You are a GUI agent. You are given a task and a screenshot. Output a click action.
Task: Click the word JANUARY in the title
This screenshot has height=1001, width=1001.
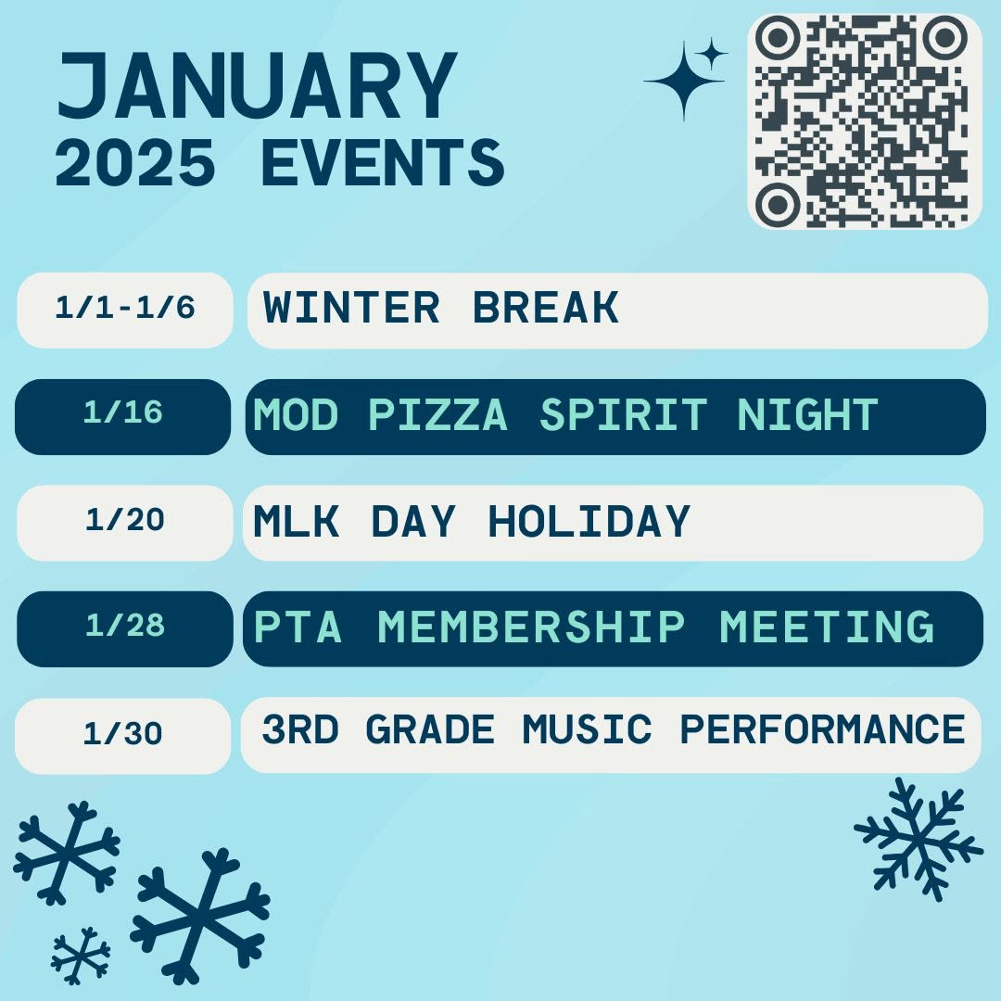(258, 85)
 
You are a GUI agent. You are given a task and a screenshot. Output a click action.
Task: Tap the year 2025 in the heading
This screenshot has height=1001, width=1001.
(134, 163)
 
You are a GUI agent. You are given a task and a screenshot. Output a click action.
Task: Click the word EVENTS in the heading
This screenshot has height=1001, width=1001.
(383, 163)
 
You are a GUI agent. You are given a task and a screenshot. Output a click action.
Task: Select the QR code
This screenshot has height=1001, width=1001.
(864, 121)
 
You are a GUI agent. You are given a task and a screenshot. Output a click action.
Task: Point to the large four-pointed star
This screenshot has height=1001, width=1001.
(684, 81)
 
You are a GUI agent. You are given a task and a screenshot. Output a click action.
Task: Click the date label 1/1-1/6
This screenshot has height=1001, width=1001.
(125, 308)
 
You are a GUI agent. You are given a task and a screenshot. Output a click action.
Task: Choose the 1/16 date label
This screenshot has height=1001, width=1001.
(123, 413)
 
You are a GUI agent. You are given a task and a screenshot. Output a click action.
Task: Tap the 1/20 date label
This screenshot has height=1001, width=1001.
(125, 520)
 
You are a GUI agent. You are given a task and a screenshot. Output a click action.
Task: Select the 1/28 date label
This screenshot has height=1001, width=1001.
(125, 626)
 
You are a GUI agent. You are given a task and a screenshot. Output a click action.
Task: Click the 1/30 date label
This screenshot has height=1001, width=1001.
(123, 733)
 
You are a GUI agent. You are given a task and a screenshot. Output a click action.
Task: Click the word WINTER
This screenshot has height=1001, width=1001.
(352, 308)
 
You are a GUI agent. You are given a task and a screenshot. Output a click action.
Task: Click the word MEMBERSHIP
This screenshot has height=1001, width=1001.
(531, 627)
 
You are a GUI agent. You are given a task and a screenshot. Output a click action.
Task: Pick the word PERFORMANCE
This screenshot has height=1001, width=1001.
(822, 729)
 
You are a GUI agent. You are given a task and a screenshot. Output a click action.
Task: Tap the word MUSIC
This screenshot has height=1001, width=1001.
(588, 729)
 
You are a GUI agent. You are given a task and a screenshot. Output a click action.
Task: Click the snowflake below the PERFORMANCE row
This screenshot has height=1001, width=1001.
(919, 839)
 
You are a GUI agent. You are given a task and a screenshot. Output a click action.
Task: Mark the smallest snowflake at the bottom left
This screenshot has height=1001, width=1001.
(81, 956)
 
